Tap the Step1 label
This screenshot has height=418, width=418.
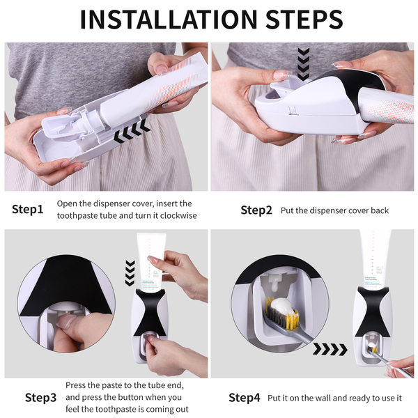(x=27, y=209)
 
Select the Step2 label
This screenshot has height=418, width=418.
(x=256, y=210)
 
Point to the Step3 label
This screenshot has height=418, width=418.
(x=41, y=398)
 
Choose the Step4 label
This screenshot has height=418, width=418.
(x=245, y=398)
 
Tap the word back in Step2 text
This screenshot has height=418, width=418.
(x=380, y=210)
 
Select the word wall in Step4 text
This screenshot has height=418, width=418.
(x=323, y=398)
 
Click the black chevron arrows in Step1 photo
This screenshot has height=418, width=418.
(x=132, y=130)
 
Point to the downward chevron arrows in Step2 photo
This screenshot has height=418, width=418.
(x=303, y=64)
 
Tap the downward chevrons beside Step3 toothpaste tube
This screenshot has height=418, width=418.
(x=130, y=273)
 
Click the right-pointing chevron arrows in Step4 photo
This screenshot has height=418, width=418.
(x=330, y=349)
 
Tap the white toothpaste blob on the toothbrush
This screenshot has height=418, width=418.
(x=283, y=307)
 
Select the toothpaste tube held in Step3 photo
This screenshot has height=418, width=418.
(x=151, y=262)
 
